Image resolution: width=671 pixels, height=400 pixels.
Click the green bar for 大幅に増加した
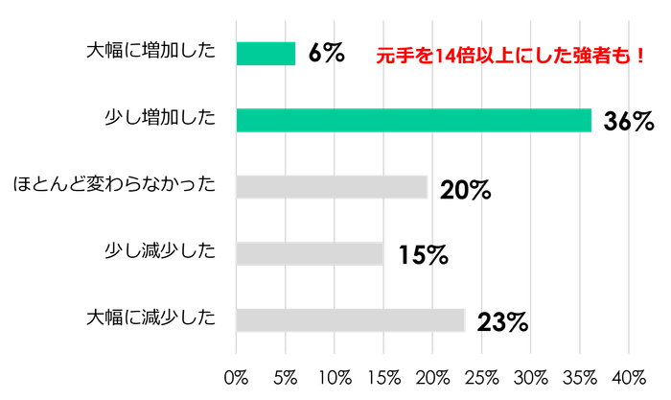click(x=266, y=54)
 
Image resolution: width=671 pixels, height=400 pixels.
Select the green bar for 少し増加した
click(x=414, y=120)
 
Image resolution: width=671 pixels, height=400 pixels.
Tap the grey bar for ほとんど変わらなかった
click(x=332, y=187)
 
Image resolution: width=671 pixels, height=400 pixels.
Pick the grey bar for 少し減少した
click(x=310, y=253)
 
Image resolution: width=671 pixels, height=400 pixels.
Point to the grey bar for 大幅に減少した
click(x=351, y=319)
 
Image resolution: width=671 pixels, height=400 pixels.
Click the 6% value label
click(x=326, y=54)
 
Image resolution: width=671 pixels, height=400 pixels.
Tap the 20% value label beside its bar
click(x=465, y=190)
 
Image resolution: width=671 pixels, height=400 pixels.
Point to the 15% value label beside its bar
click(x=423, y=256)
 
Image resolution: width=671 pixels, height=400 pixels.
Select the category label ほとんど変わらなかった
click(x=113, y=184)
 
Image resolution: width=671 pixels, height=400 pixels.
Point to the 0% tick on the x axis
click(x=237, y=375)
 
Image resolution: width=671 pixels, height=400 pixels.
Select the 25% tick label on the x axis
click(x=482, y=375)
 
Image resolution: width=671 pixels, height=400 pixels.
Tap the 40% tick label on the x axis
click(x=629, y=375)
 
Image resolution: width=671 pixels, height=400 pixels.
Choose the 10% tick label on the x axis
click(x=335, y=375)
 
